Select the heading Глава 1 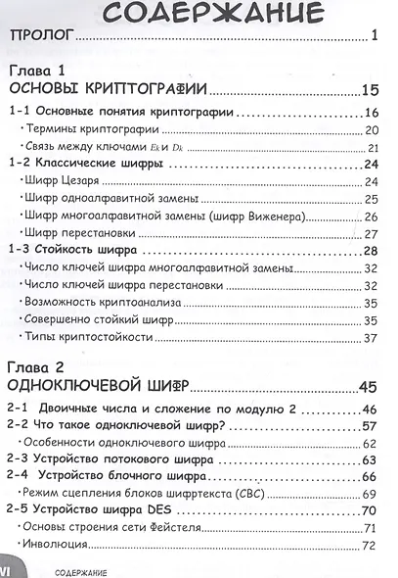pyautogui.click(x=35, y=72)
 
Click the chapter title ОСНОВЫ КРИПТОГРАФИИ pyautogui.click(x=106, y=91)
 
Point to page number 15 pyautogui.click(x=369, y=91)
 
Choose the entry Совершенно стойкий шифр pyautogui.click(x=94, y=319)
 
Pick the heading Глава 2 pyautogui.click(x=35, y=367)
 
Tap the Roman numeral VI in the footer pyautogui.click(x=11, y=568)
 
